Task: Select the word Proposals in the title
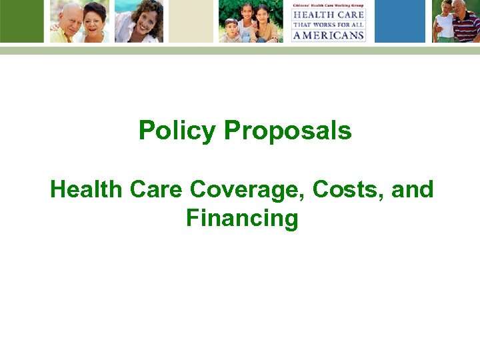[x=288, y=131]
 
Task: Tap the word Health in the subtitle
[x=87, y=190]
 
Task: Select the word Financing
[x=242, y=219]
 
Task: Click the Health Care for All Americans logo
[x=328, y=21]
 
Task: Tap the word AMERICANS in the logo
[x=329, y=35]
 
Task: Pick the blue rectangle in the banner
[x=399, y=21]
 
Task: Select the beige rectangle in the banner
[x=191, y=21]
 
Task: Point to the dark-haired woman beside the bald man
[x=94, y=17]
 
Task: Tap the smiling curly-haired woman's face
[x=147, y=17]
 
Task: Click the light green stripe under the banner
[x=240, y=50]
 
